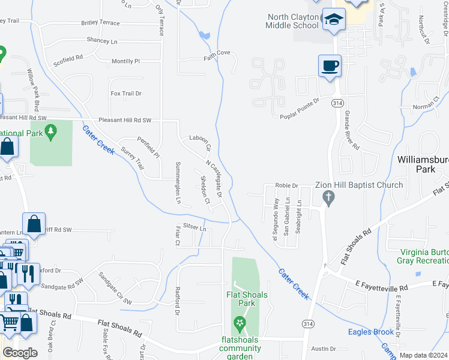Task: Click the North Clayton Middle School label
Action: pyautogui.click(x=292, y=21)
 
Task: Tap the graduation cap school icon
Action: pyautogui.click(x=333, y=20)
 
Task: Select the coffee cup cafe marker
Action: pyautogui.click(x=330, y=65)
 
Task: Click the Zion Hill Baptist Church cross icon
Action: pyautogui.click(x=328, y=197)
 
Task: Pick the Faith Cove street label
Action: pyautogui.click(x=217, y=53)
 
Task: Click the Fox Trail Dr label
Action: pyautogui.click(x=126, y=94)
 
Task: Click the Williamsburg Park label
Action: pyautogui.click(x=423, y=164)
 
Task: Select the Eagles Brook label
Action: pyautogui.click(x=371, y=332)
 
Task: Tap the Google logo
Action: pyautogui.click(x=20, y=353)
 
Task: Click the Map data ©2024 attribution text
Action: pyautogui.click(x=424, y=355)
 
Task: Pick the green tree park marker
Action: pyautogui.click(x=51, y=131)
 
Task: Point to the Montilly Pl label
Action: pyautogui.click(x=125, y=61)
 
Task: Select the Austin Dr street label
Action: pyautogui.click(x=324, y=349)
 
